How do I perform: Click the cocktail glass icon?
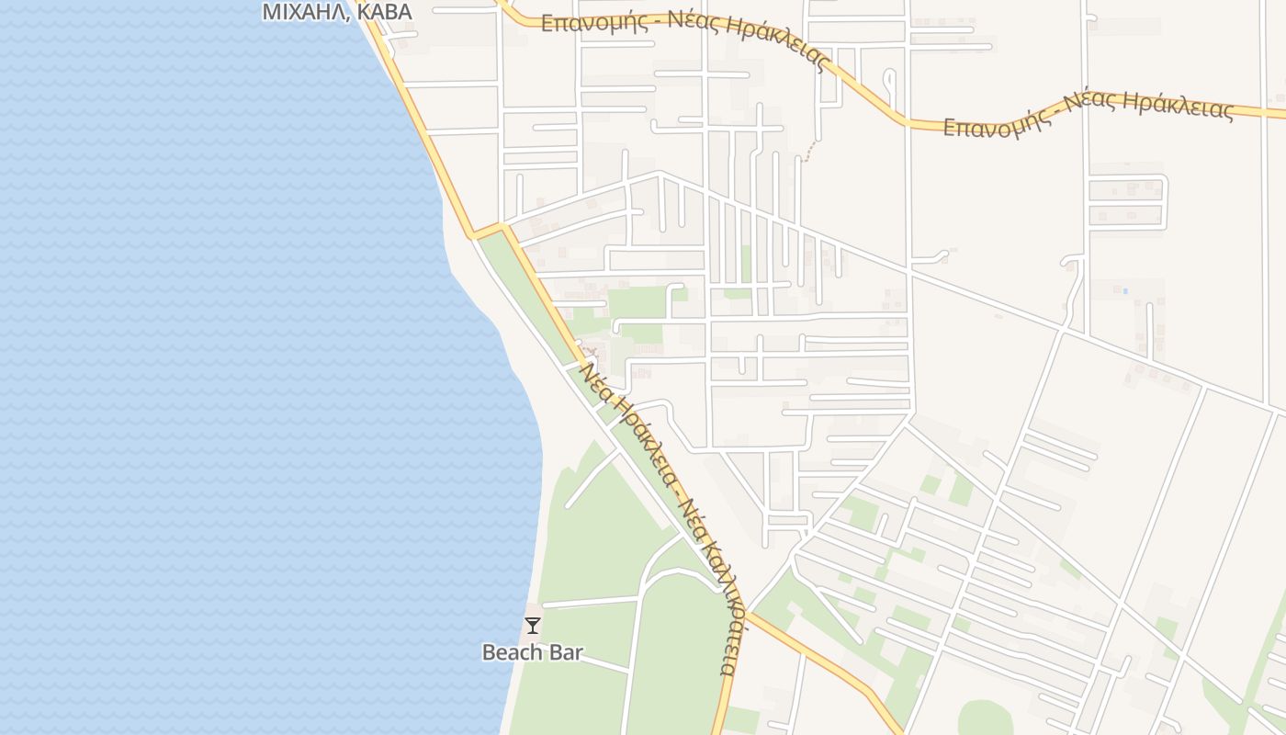(x=532, y=626)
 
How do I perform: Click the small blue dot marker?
(x=1125, y=291)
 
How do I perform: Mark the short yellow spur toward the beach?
(x=489, y=230)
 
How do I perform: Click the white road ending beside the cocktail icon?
(x=588, y=603)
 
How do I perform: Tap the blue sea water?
(x=230, y=367)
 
